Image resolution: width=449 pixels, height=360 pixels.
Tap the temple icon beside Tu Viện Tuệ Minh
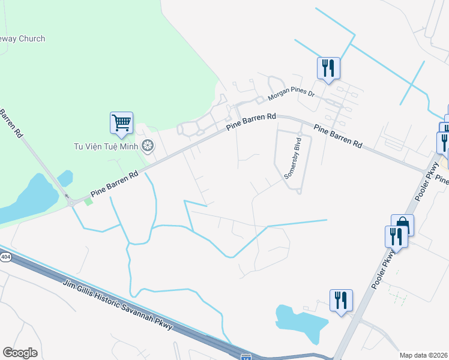click(x=147, y=145)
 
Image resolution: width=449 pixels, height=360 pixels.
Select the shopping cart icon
click(x=121, y=123)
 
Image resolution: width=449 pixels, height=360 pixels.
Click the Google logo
click(x=20, y=352)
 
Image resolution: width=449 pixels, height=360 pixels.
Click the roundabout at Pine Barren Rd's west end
click(x=72, y=203)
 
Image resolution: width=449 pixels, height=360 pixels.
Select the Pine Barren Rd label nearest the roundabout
click(x=114, y=184)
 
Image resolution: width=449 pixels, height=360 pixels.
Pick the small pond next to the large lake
click(x=65, y=178)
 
